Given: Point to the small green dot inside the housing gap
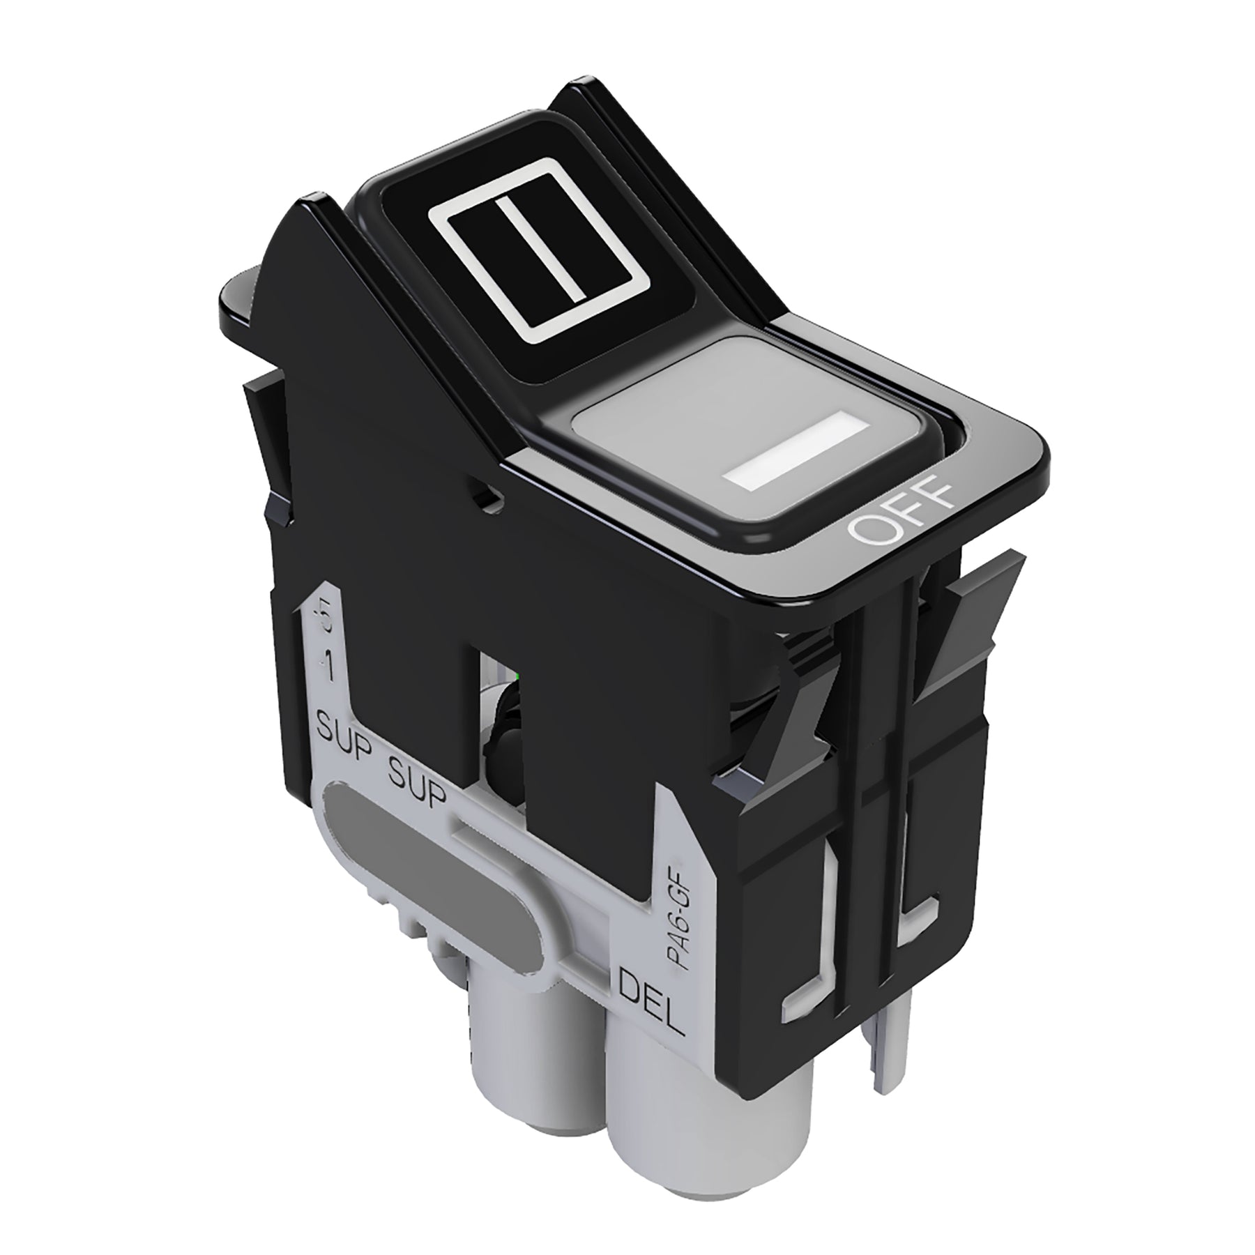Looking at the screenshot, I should pos(516,677).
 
